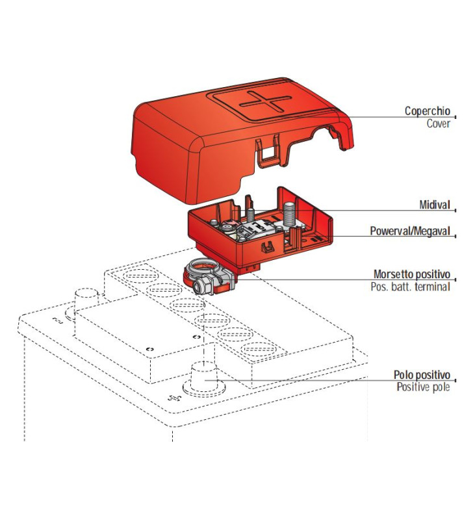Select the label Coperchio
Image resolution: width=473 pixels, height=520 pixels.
[427, 111]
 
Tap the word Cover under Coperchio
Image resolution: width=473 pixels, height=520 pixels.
[438, 123]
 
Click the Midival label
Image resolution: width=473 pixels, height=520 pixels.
[434, 205]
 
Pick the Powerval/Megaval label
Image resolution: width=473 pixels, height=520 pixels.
[409, 231]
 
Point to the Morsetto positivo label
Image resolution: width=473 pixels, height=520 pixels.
[411, 274]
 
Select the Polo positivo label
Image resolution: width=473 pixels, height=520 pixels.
[421, 375]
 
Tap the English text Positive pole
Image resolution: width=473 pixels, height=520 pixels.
[423, 387]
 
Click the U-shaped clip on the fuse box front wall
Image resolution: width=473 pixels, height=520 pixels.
[266, 248]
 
